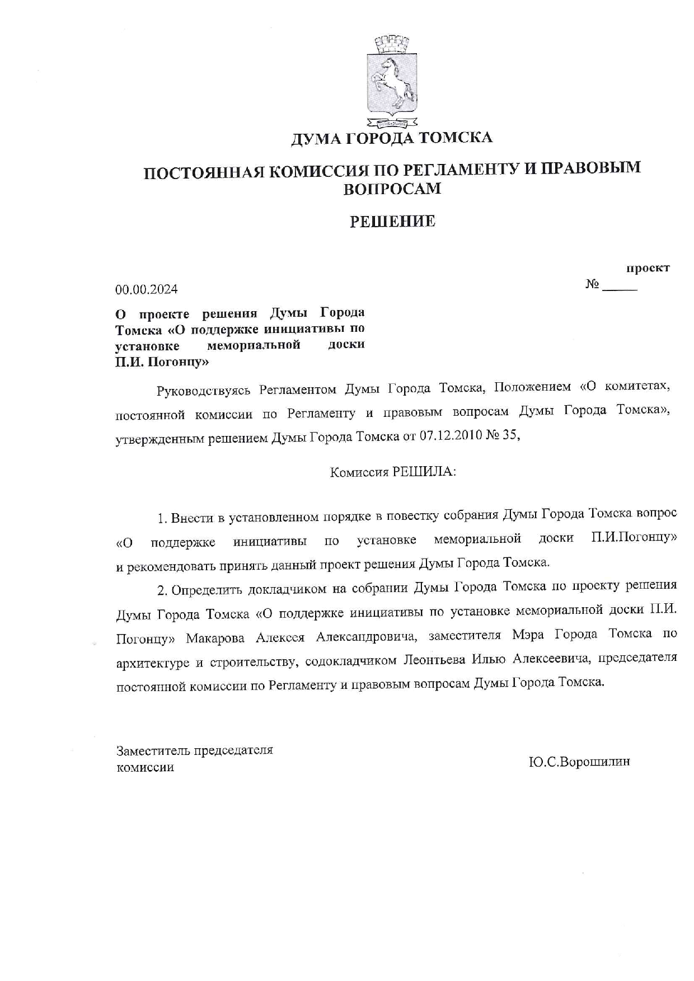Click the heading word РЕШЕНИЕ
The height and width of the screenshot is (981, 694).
pyautogui.click(x=392, y=222)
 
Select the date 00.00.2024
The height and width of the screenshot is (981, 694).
pyautogui.click(x=147, y=289)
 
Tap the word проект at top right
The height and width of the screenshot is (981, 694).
pyautogui.click(x=648, y=268)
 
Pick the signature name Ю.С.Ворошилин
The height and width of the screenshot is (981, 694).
pyautogui.click(x=579, y=762)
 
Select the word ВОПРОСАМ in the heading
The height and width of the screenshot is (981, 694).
pyautogui.click(x=392, y=189)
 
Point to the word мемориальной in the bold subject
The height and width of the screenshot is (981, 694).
pyautogui.click(x=254, y=345)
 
